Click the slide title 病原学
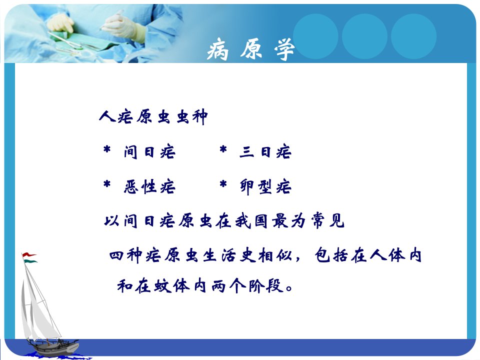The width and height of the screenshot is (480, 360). [x=251, y=49]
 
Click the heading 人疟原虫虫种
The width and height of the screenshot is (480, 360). [x=153, y=116]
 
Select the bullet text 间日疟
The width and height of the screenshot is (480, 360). [x=149, y=152]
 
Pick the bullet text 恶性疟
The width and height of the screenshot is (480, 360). [x=149, y=186]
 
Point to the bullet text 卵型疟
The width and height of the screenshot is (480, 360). [x=265, y=186]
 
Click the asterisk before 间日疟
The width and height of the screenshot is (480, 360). [x=107, y=149]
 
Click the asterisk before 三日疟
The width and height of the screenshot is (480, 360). [x=223, y=149]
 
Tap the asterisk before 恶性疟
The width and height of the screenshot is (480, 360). [x=107, y=184]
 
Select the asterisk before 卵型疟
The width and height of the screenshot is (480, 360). [x=223, y=184]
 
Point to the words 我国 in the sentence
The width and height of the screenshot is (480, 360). [x=251, y=220]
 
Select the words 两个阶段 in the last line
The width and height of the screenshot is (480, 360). [x=247, y=286]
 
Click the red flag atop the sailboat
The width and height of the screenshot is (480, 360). [x=29, y=255]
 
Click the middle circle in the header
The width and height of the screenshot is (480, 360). [x=364, y=36]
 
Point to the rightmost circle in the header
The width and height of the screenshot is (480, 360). [x=413, y=36]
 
